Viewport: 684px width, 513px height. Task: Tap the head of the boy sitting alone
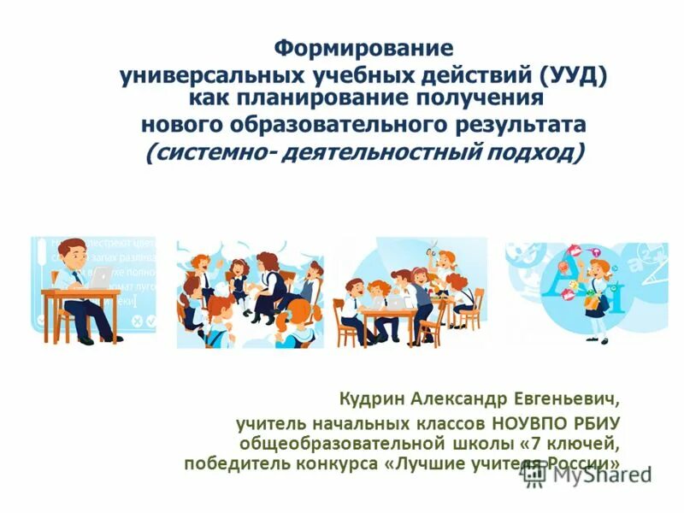click(x=74, y=253)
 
